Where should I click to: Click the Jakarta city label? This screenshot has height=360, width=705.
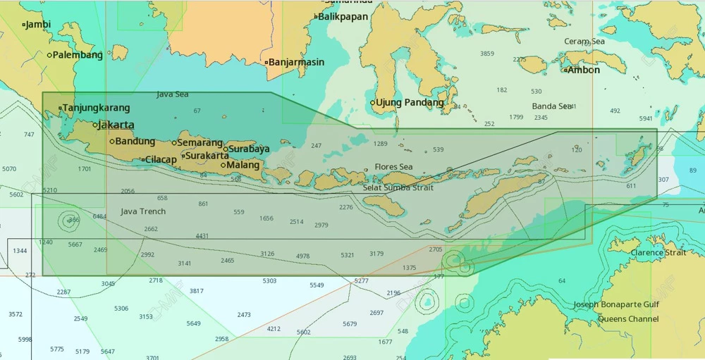pos(116,125)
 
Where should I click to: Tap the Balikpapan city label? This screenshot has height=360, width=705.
pos(343,16)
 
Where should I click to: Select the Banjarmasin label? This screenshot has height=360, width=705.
pos(296,62)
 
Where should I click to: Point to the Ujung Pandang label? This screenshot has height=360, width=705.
pos(410,103)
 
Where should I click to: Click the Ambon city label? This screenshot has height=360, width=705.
pos(584,70)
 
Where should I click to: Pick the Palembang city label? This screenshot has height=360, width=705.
pos(78,55)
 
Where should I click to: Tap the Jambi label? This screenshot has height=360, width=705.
pos(39,25)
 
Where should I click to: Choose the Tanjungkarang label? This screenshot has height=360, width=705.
pos(97,108)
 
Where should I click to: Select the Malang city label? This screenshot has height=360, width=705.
pos(244,166)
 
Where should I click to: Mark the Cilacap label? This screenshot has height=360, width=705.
pos(161,160)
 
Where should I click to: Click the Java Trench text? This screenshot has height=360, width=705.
pos(143,211)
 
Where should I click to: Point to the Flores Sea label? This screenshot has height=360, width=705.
pos(393,167)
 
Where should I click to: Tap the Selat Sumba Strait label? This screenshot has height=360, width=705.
pos(398,187)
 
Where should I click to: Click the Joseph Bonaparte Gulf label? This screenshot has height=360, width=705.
pos(616,305)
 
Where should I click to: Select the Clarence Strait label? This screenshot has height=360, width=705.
pos(657,252)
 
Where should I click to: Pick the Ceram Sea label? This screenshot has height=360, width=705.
pos(584,42)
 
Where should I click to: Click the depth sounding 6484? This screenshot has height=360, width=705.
pos(99,216)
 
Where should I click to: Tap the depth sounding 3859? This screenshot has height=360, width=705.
pos(487,54)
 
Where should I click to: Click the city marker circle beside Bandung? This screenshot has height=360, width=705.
pos(112,142)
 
